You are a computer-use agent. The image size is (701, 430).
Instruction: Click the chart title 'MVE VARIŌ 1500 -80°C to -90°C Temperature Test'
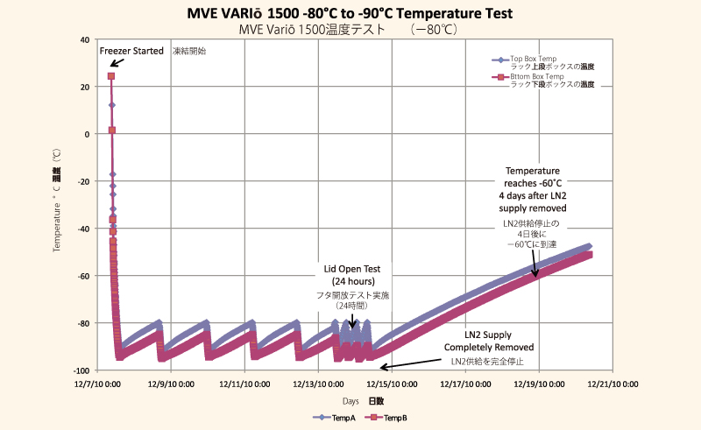pos(350,14)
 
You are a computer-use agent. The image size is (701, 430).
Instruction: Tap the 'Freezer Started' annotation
pos(131,51)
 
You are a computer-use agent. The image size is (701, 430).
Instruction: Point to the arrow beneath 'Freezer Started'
pos(117,64)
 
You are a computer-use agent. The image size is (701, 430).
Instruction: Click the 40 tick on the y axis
pos(83,39)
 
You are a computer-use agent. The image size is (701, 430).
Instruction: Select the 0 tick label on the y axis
pos(86,134)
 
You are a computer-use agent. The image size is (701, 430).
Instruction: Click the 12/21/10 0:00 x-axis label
pos(612,384)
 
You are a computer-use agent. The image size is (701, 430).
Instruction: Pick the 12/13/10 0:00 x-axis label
pos(318,384)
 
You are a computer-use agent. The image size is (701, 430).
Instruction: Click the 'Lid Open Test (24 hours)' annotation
pos(355,274)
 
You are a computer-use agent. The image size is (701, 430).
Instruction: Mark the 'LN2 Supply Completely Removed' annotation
pos(499,341)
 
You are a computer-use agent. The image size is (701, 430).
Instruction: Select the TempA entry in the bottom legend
pos(335,419)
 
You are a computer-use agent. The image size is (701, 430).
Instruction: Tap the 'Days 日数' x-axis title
pos(362,400)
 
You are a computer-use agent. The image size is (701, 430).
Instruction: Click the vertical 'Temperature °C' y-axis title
pos(57,206)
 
